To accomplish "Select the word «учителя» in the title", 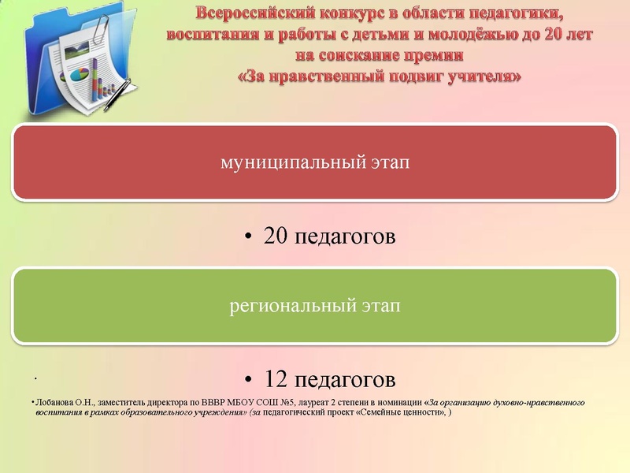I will (x=483, y=77).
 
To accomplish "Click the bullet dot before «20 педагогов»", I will (x=249, y=237).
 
